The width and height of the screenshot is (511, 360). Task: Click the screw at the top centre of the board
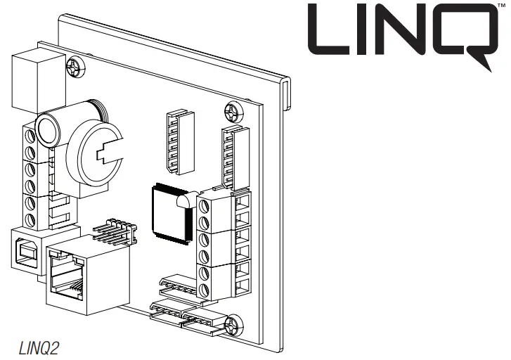(233, 112)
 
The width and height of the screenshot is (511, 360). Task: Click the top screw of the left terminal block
(31, 136)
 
